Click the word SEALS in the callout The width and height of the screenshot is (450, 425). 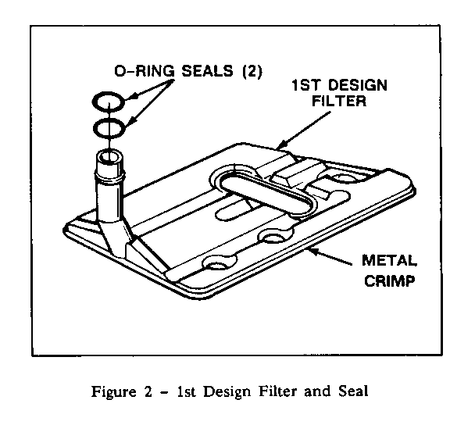(x=207, y=71)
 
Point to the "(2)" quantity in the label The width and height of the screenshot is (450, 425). (x=252, y=71)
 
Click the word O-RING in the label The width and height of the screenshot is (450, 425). (x=145, y=71)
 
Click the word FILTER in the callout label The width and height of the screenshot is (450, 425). (x=339, y=101)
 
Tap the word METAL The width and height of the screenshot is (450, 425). (x=389, y=261)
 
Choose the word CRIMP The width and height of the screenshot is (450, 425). (x=390, y=280)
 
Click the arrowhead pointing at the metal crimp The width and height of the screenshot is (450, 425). (x=314, y=252)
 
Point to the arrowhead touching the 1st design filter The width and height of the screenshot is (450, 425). (x=281, y=144)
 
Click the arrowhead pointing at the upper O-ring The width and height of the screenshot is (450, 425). (x=129, y=97)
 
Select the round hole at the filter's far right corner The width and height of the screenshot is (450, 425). (x=345, y=177)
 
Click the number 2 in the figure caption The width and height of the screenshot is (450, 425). (x=148, y=391)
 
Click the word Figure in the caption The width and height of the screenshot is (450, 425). (x=113, y=392)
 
